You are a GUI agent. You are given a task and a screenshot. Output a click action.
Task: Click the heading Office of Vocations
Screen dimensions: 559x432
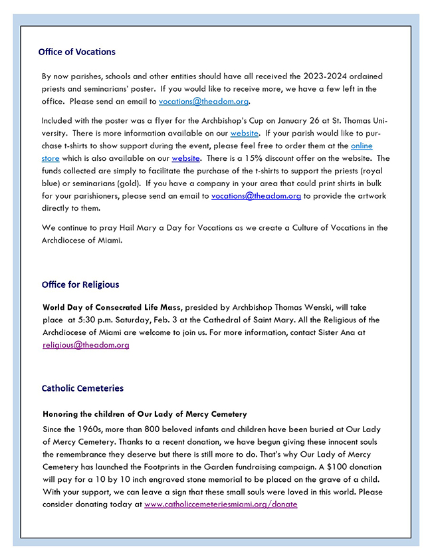click(x=76, y=52)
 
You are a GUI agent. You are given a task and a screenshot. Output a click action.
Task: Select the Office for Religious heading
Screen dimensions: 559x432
click(x=80, y=284)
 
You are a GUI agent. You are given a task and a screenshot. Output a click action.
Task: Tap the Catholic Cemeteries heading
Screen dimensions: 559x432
click(x=82, y=388)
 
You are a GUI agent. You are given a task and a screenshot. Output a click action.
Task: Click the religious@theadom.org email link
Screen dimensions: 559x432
click(x=86, y=345)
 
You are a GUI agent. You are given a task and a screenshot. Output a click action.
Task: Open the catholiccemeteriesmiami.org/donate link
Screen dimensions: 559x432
click(x=221, y=504)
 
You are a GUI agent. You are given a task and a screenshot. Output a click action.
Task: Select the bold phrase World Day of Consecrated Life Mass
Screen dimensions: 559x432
click(x=112, y=307)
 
